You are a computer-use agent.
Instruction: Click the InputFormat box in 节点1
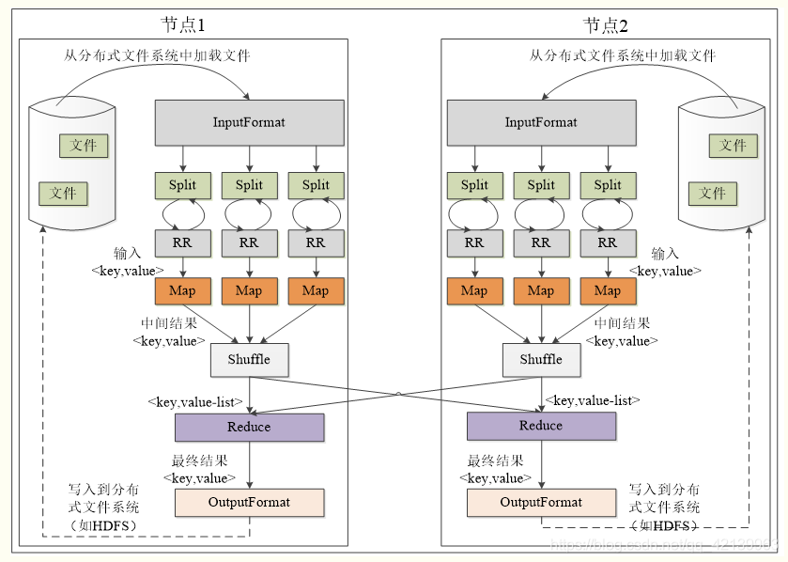pyautogui.click(x=249, y=122)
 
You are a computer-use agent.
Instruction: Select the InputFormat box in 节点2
pyautogui.click(x=541, y=122)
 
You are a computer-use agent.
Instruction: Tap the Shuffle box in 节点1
pyautogui.click(x=249, y=359)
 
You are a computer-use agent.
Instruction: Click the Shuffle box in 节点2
pyautogui.click(x=541, y=359)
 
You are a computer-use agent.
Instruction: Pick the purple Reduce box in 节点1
pyautogui.click(x=249, y=427)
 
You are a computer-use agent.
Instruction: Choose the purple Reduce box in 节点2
pyautogui.click(x=541, y=426)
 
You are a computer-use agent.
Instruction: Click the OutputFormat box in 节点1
pyautogui.click(x=249, y=502)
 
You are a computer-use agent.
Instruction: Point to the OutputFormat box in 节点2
pyautogui.click(x=541, y=502)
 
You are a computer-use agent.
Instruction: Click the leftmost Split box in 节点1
pyautogui.click(x=182, y=185)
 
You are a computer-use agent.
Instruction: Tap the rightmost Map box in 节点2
pyautogui.click(x=608, y=290)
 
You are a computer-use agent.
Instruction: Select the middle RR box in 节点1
pyautogui.click(x=249, y=242)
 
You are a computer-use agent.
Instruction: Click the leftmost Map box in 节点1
pyautogui.click(x=182, y=290)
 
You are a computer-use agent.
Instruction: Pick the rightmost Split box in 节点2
pyautogui.click(x=608, y=185)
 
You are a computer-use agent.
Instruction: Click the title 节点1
pyautogui.click(x=184, y=25)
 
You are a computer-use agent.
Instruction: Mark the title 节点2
pyautogui.click(x=606, y=25)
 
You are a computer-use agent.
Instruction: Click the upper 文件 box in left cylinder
pyautogui.click(x=84, y=146)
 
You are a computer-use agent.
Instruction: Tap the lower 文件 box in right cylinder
pyautogui.click(x=712, y=193)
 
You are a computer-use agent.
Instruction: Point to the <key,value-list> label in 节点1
pyautogui.click(x=195, y=401)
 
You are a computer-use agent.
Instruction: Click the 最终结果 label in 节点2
pyautogui.click(x=495, y=461)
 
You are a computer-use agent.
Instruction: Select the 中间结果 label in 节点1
pyautogui.click(x=168, y=323)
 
